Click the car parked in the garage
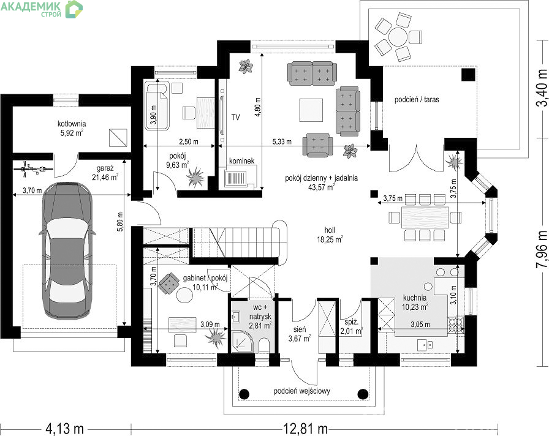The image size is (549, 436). click(67, 250)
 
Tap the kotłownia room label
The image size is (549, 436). click(72, 128)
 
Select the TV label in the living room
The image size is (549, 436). click(236, 117)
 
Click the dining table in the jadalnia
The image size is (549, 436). click(425, 217)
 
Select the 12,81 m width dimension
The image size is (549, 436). click(304, 428)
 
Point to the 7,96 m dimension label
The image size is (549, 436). click(542, 249)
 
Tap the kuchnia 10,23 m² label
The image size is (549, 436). click(415, 303)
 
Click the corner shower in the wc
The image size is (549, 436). click(241, 342)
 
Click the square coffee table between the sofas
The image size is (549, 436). click(311, 110)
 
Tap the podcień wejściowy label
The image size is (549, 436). click(302, 391)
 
